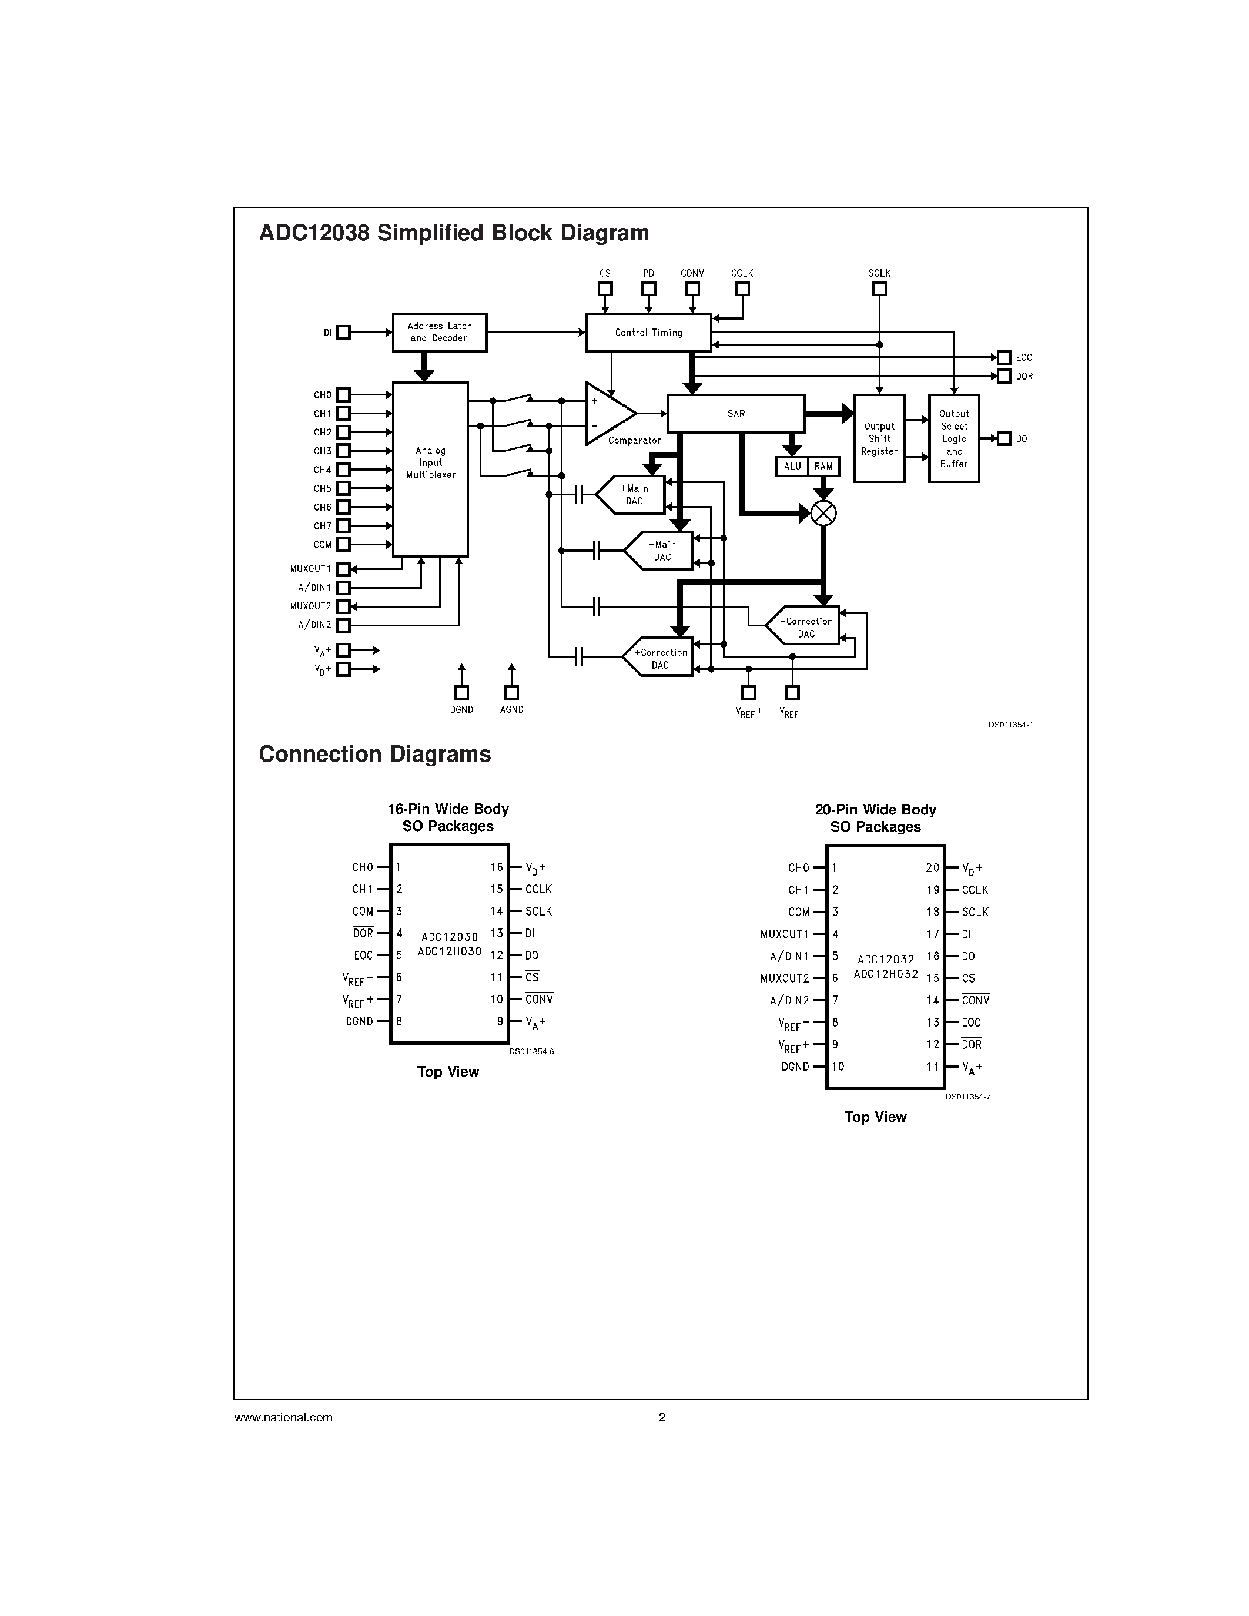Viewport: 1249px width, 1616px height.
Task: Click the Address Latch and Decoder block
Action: [440, 332]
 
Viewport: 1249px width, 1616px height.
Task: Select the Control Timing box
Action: [648, 332]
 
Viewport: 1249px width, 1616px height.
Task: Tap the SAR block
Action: [735, 414]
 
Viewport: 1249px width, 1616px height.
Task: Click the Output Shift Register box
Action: [879, 439]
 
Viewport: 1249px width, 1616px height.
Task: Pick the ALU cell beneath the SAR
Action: [792, 466]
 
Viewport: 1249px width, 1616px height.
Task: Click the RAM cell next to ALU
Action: [823, 466]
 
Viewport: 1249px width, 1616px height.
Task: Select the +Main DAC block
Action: [632, 494]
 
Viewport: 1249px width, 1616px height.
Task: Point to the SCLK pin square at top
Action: [879, 289]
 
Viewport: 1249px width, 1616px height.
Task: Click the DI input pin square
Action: [343, 333]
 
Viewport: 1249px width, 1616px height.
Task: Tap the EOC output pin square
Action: [1004, 357]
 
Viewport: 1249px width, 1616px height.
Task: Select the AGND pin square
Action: [511, 693]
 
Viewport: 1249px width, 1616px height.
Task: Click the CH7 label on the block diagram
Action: [323, 526]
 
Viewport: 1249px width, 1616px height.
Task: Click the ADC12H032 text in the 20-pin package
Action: [886, 974]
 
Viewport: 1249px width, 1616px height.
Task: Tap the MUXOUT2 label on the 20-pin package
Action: [784, 978]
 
